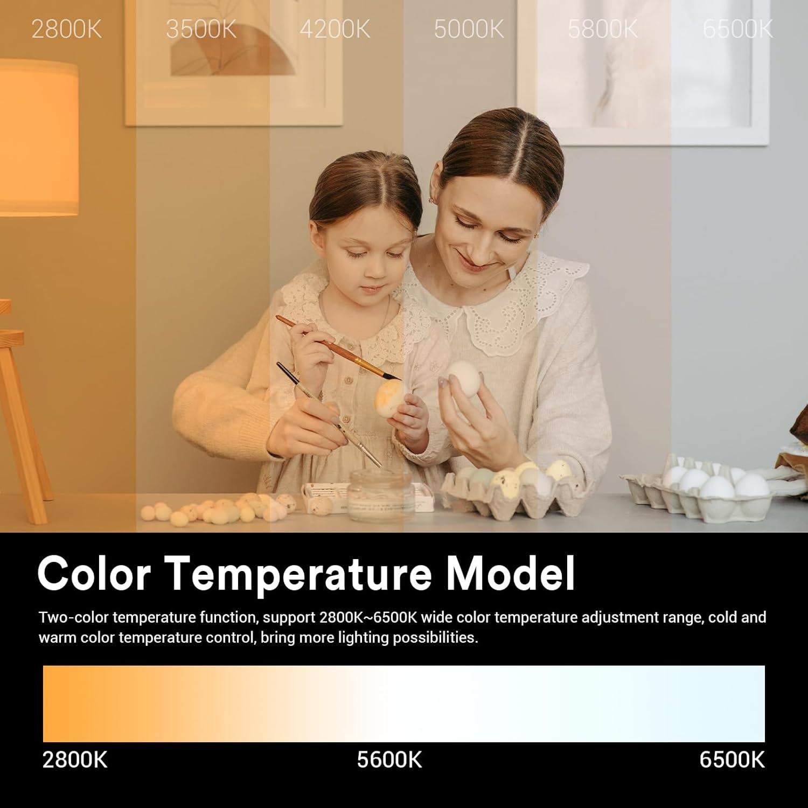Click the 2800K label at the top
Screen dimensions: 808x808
[66, 29]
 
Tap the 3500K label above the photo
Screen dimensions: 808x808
[201, 29]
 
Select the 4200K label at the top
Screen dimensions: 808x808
[335, 29]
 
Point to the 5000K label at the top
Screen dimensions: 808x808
[469, 29]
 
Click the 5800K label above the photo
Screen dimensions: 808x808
[603, 29]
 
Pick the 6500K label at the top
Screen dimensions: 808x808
[738, 29]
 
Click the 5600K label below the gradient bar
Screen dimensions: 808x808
[389, 760]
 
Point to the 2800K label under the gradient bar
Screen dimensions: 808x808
[75, 760]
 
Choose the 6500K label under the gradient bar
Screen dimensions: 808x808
[732, 760]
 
